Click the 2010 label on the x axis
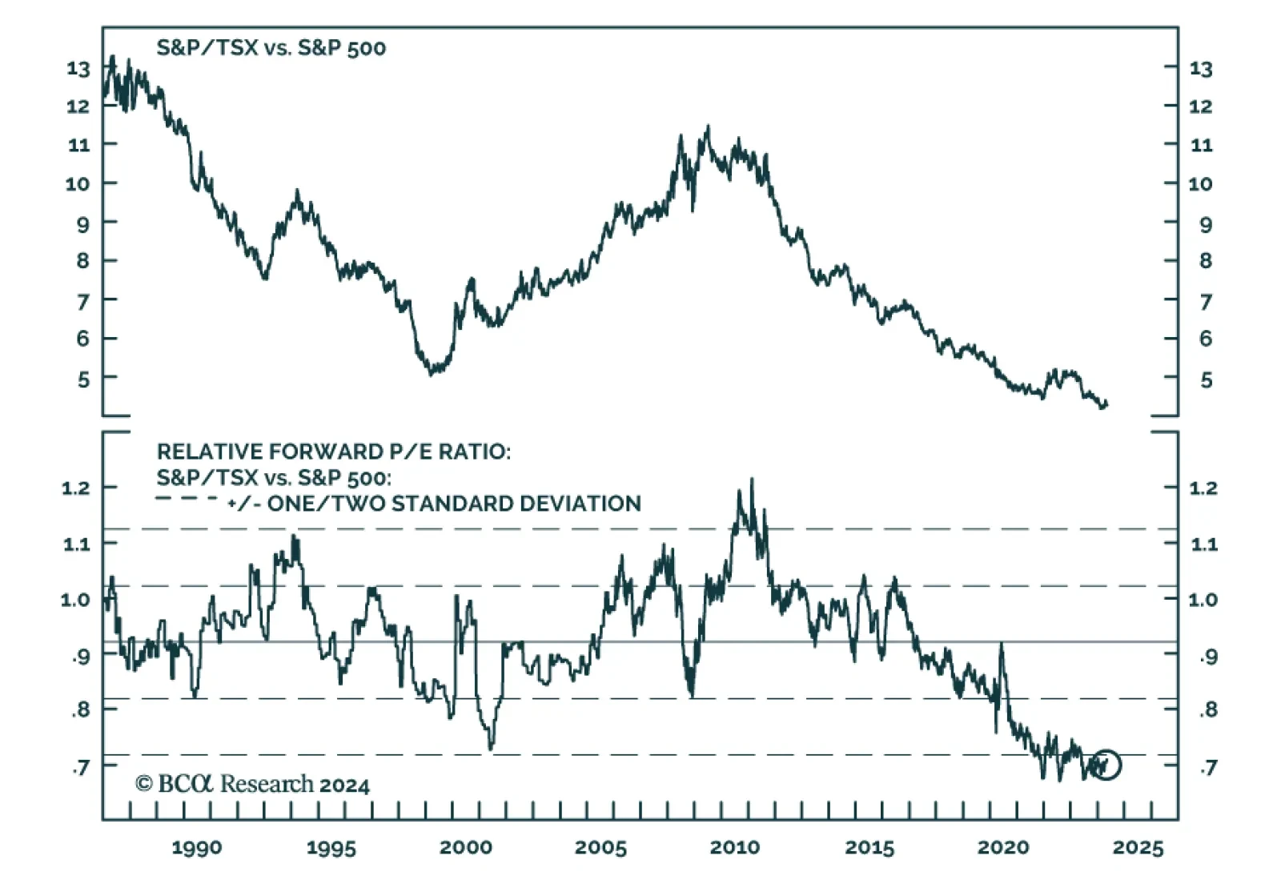(734, 847)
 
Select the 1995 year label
(331, 847)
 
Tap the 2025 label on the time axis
(1138, 847)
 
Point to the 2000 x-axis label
(466, 847)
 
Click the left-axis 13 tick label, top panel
(78, 69)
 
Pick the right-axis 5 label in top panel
(1206, 380)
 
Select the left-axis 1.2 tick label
(77, 488)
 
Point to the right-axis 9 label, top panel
(1206, 225)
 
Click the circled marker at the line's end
(1106, 765)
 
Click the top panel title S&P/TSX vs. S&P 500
(271, 48)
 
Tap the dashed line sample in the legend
(187, 500)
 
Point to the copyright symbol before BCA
(144, 784)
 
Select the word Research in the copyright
(267, 784)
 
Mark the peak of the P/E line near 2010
(752, 480)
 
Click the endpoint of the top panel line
(1106, 404)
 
